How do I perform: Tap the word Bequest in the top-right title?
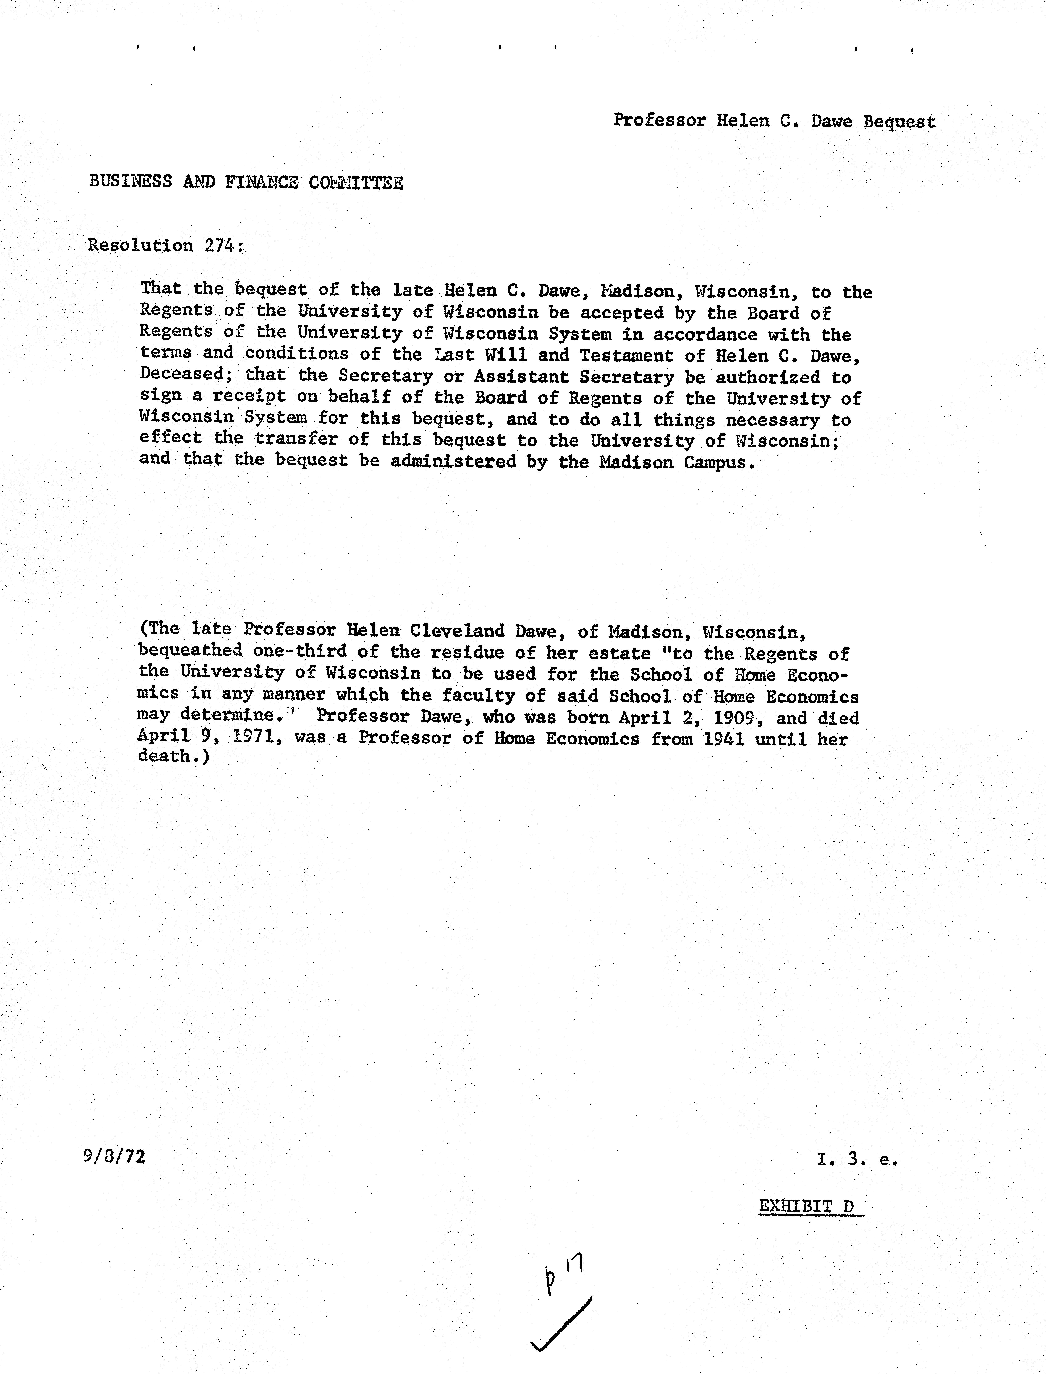[899, 121]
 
